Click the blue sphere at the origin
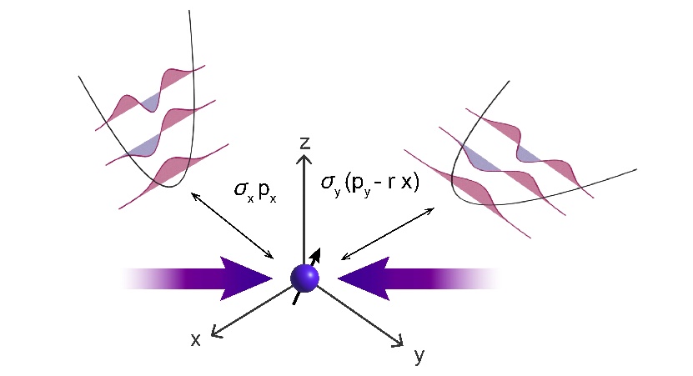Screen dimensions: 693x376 point(304,278)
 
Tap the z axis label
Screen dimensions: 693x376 point(305,143)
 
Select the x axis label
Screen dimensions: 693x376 point(195,340)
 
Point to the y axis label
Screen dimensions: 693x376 point(419,356)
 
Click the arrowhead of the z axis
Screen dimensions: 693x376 point(304,158)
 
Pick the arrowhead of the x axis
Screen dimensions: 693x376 point(217,332)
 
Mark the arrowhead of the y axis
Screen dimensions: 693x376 point(398,341)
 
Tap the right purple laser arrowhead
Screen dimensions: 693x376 point(364,278)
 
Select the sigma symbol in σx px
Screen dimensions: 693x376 point(241,188)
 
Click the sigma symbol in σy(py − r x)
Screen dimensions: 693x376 point(328,182)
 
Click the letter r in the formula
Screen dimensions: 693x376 point(391,183)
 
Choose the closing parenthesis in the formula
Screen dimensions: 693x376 point(415,183)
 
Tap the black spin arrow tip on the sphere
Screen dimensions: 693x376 point(316,254)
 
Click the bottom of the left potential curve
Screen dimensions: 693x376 point(170,187)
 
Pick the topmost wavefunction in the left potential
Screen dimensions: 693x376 point(150,98)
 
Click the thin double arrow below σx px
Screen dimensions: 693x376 point(233,225)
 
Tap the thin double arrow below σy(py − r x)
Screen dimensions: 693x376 point(388,233)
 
